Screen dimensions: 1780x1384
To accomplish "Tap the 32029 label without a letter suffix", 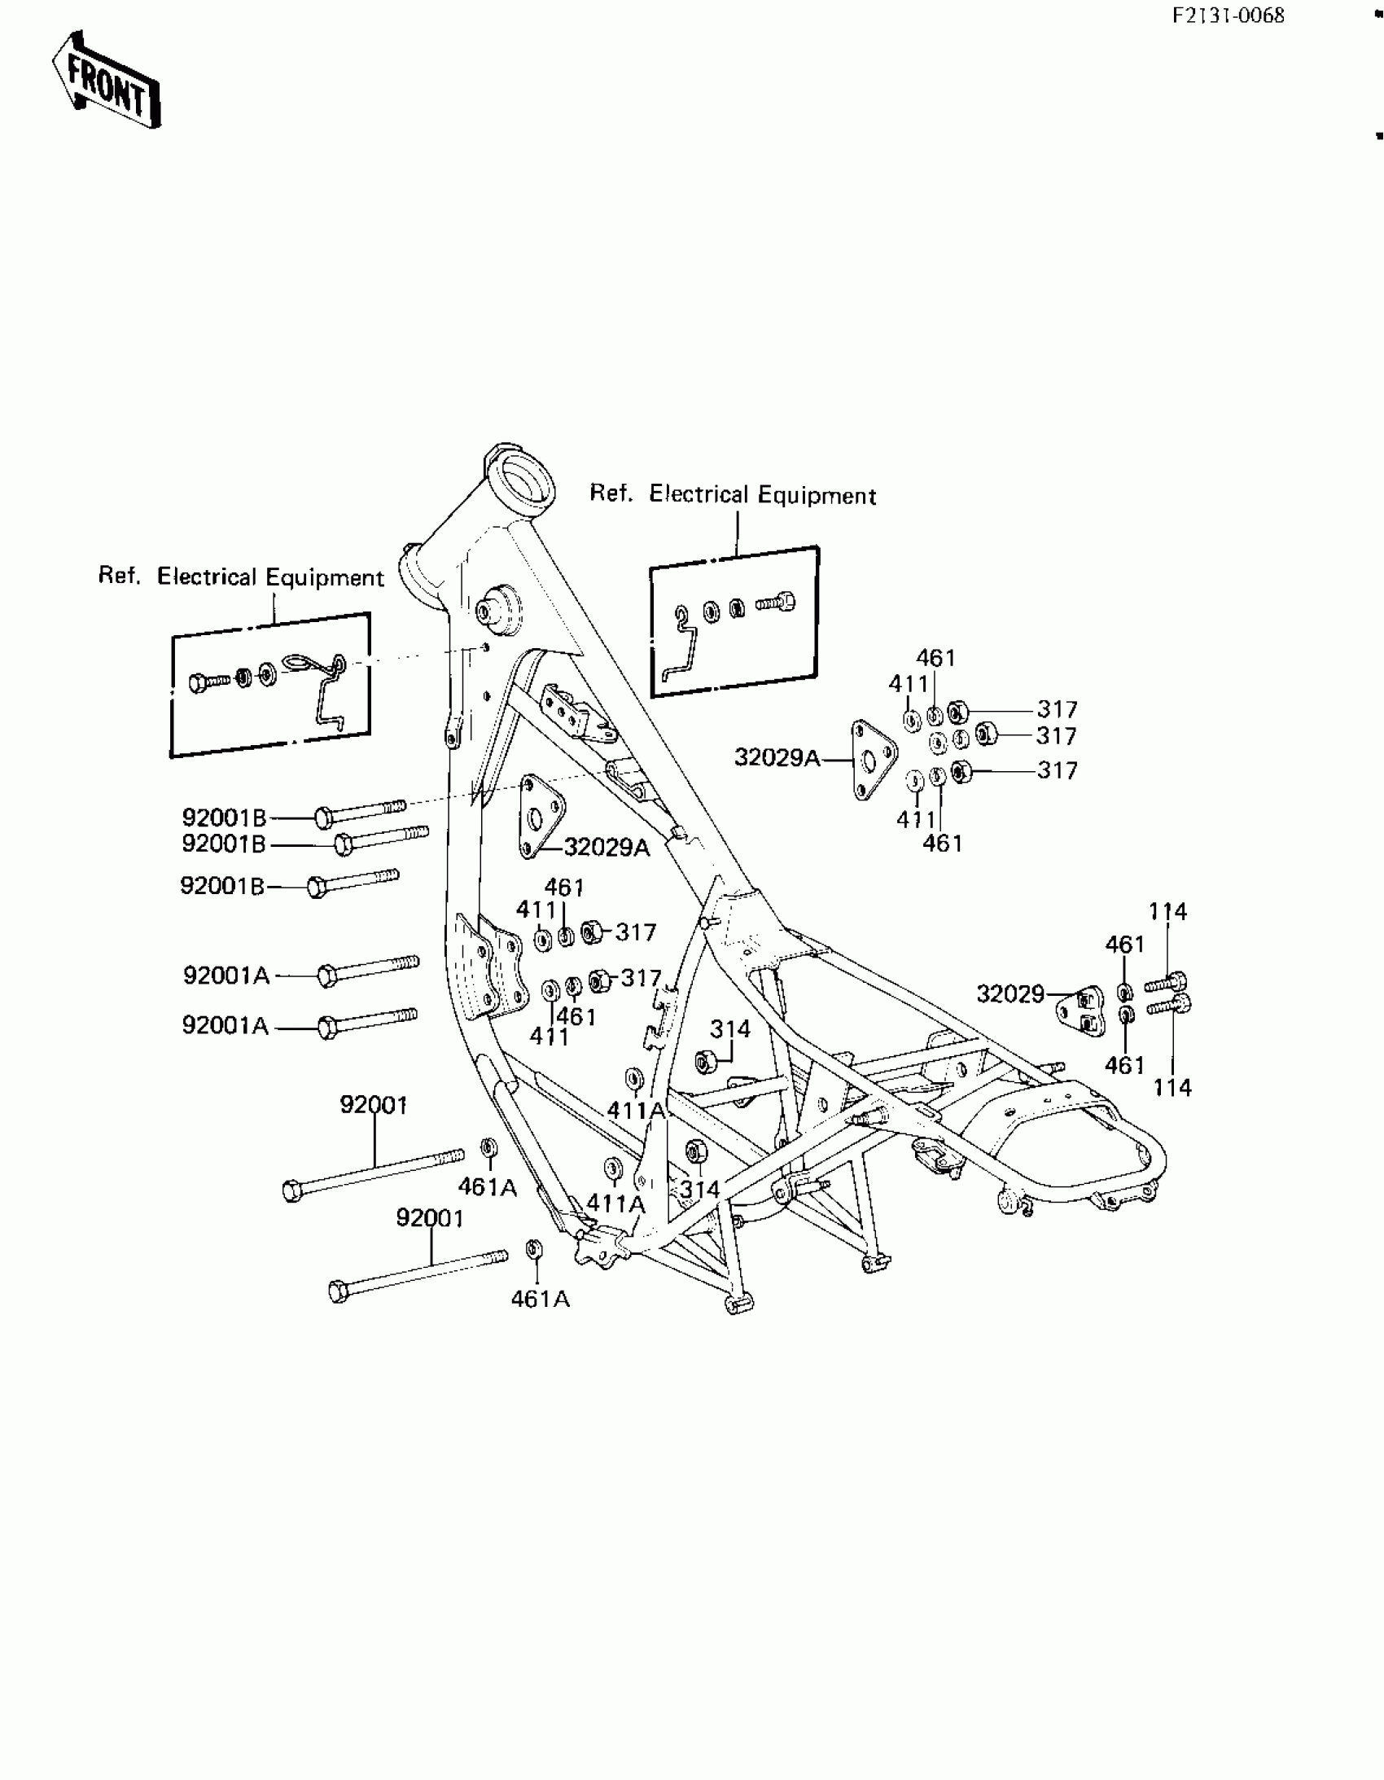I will (1010, 994).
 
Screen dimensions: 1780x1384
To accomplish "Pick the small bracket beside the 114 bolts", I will (1082, 1011).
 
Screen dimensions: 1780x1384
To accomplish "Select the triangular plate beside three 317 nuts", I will (870, 760).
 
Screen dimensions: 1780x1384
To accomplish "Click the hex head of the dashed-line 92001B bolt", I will (323, 817).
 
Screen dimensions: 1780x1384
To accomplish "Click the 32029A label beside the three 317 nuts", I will (777, 758).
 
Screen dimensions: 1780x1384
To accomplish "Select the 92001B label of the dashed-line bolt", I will (223, 818).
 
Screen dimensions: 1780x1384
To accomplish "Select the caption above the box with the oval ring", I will (240, 577).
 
